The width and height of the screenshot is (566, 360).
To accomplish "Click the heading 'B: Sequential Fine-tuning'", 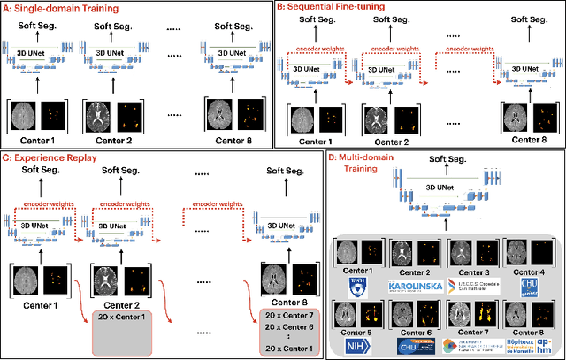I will tap(339, 7).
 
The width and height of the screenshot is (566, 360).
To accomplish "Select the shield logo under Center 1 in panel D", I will tap(356, 286).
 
